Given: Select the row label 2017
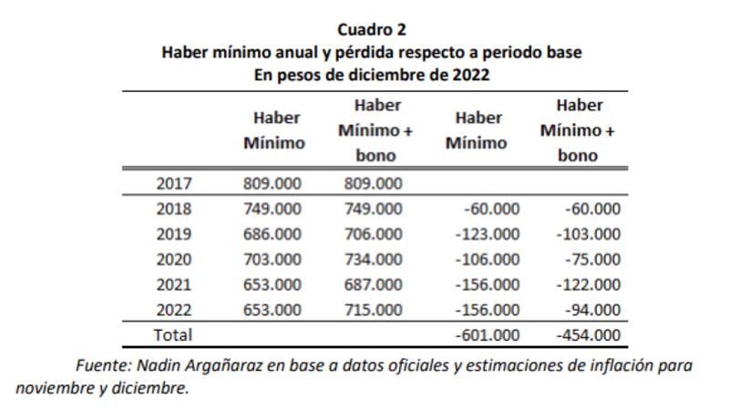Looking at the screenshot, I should [x=174, y=184].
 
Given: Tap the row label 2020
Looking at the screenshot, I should [x=174, y=259].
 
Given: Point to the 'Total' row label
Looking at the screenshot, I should [x=173, y=335].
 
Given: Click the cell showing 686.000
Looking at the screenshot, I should [x=272, y=234].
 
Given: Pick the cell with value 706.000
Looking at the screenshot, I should [x=373, y=234].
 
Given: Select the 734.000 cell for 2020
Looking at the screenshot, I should [x=373, y=259].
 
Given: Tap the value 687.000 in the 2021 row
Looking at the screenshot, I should [x=373, y=284].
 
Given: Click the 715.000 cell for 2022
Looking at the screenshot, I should [x=373, y=310].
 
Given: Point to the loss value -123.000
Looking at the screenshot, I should [x=487, y=234].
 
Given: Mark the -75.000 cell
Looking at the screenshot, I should [x=591, y=259].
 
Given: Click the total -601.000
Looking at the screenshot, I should [x=487, y=335].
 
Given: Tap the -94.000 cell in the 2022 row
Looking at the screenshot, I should [x=591, y=310].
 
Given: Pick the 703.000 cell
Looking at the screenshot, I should [x=272, y=259].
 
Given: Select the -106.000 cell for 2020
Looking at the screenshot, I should [x=487, y=259].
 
